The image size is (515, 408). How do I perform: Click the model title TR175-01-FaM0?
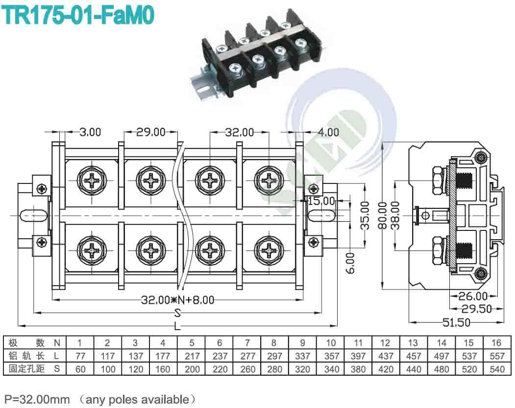click(78, 15)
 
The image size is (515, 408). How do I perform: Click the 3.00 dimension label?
click(90, 132)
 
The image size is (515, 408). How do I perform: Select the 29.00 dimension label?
click(151, 132)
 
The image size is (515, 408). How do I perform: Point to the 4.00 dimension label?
click(328, 132)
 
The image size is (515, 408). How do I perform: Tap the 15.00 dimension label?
click(321, 201)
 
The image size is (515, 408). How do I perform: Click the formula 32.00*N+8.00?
click(177, 300)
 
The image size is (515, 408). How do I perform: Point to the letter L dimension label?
click(177, 325)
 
